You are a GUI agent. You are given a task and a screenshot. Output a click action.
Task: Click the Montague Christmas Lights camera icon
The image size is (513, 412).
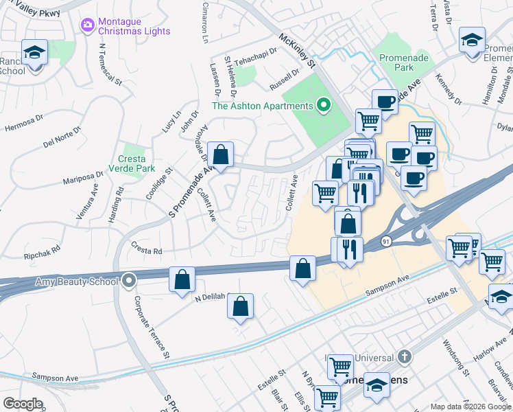click(87, 25)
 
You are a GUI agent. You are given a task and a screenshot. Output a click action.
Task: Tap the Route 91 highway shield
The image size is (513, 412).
click(386, 242)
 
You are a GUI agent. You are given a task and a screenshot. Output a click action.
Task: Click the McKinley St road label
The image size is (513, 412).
click(296, 51)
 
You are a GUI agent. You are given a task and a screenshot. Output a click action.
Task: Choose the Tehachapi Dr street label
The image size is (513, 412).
click(255, 55)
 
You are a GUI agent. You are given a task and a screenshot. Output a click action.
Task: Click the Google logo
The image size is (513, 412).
click(23, 403)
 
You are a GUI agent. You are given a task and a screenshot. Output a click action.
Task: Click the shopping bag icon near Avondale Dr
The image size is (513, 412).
click(221, 154)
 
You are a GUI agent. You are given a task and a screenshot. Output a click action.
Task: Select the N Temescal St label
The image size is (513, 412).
click(110, 66)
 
